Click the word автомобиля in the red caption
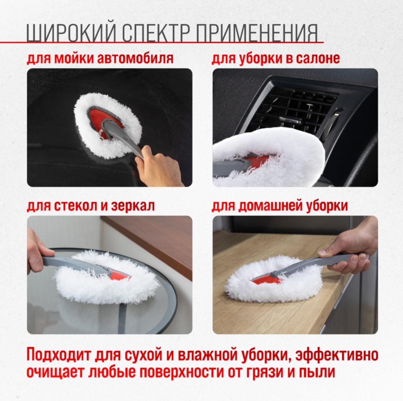click(x=135, y=58)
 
